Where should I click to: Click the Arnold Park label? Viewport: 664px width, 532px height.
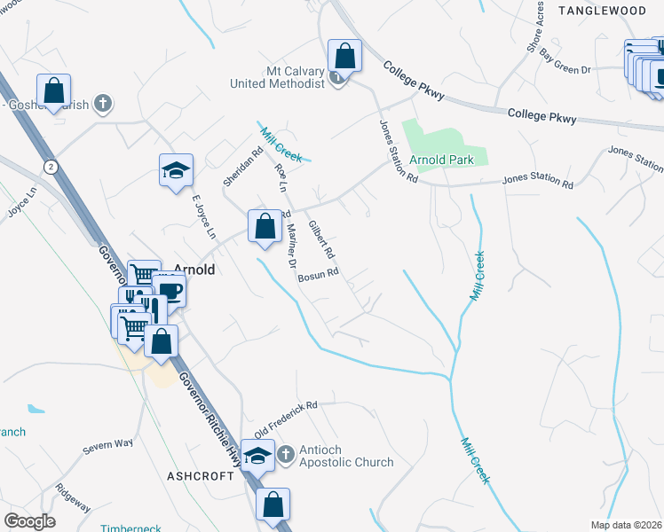tap(448, 160)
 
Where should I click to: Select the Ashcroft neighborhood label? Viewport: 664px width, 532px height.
tap(200, 475)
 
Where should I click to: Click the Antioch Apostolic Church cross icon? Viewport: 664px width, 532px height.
tap(285, 455)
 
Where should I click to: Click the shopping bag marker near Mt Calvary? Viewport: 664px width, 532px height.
tap(344, 56)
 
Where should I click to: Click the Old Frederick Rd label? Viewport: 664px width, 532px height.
tap(285, 419)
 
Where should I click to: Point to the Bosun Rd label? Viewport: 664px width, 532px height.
tap(319, 276)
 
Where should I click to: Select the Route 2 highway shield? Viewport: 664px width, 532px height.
tap(51, 166)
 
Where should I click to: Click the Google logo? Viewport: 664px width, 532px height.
tap(29, 521)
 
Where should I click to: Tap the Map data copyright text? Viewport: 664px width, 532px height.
tap(626, 525)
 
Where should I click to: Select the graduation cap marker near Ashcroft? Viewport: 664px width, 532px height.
tap(258, 457)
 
